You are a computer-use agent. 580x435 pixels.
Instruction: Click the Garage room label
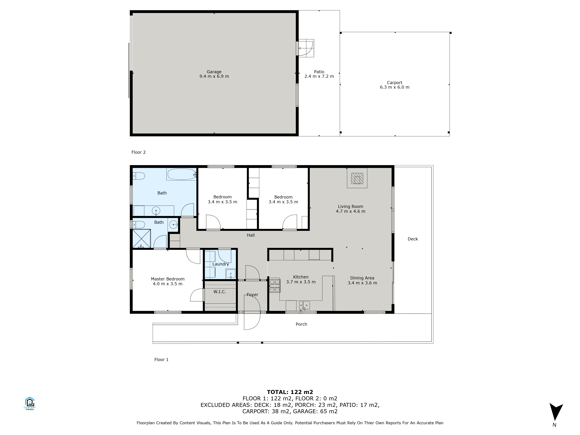(214, 72)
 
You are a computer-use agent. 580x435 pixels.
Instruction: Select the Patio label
(319, 72)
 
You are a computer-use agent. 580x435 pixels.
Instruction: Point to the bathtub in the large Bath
(181, 174)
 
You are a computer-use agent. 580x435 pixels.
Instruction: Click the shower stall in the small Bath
(142, 239)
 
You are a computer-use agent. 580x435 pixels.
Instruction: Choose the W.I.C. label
(220, 292)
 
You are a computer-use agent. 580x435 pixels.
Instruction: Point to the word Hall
(251, 235)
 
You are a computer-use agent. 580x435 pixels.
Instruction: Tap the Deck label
(413, 239)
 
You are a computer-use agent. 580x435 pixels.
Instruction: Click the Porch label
(301, 324)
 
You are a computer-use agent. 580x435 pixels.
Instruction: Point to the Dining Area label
(362, 278)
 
